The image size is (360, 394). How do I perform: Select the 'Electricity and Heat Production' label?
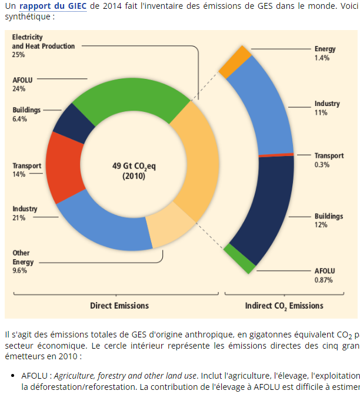[x=44, y=42]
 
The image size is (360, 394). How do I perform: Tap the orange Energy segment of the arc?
[x=236, y=62]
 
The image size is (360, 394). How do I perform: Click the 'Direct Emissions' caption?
[x=119, y=306]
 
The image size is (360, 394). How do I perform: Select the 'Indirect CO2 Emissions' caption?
[x=284, y=306]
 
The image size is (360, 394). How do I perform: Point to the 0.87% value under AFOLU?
[x=324, y=280]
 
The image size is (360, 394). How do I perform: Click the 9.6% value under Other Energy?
[x=19, y=270]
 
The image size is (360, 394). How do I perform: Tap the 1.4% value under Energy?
[x=322, y=58]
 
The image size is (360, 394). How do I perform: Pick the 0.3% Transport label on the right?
[x=322, y=164]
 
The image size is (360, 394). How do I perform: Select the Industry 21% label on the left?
[x=25, y=213]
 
